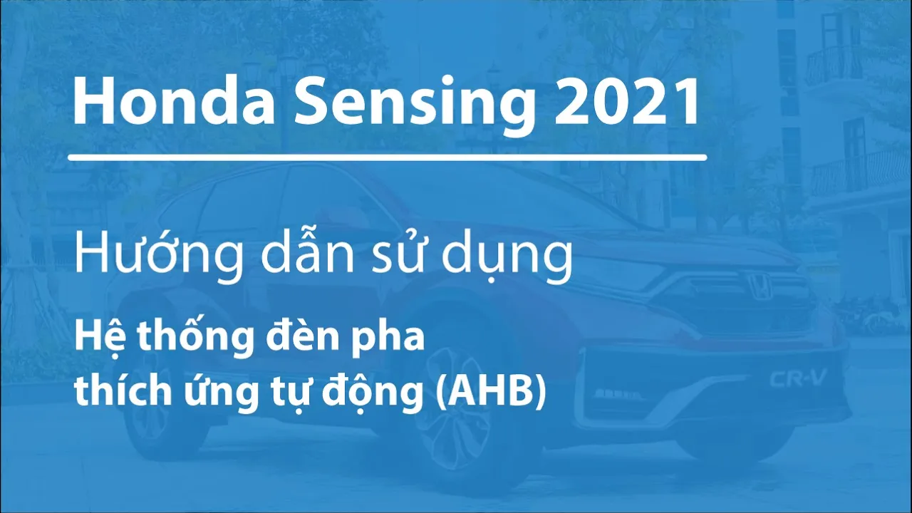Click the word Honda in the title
click(174, 100)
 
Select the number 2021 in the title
click(626, 100)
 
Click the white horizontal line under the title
click(387, 157)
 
